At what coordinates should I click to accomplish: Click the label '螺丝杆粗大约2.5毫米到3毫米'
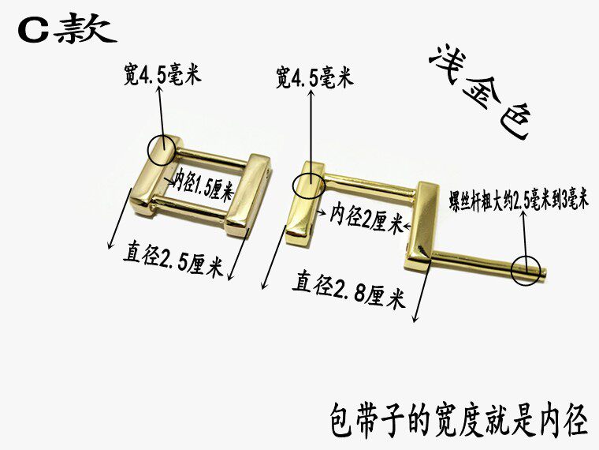[519, 199]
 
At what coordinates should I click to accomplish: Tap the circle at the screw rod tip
[526, 271]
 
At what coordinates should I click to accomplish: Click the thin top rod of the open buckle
[370, 182]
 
